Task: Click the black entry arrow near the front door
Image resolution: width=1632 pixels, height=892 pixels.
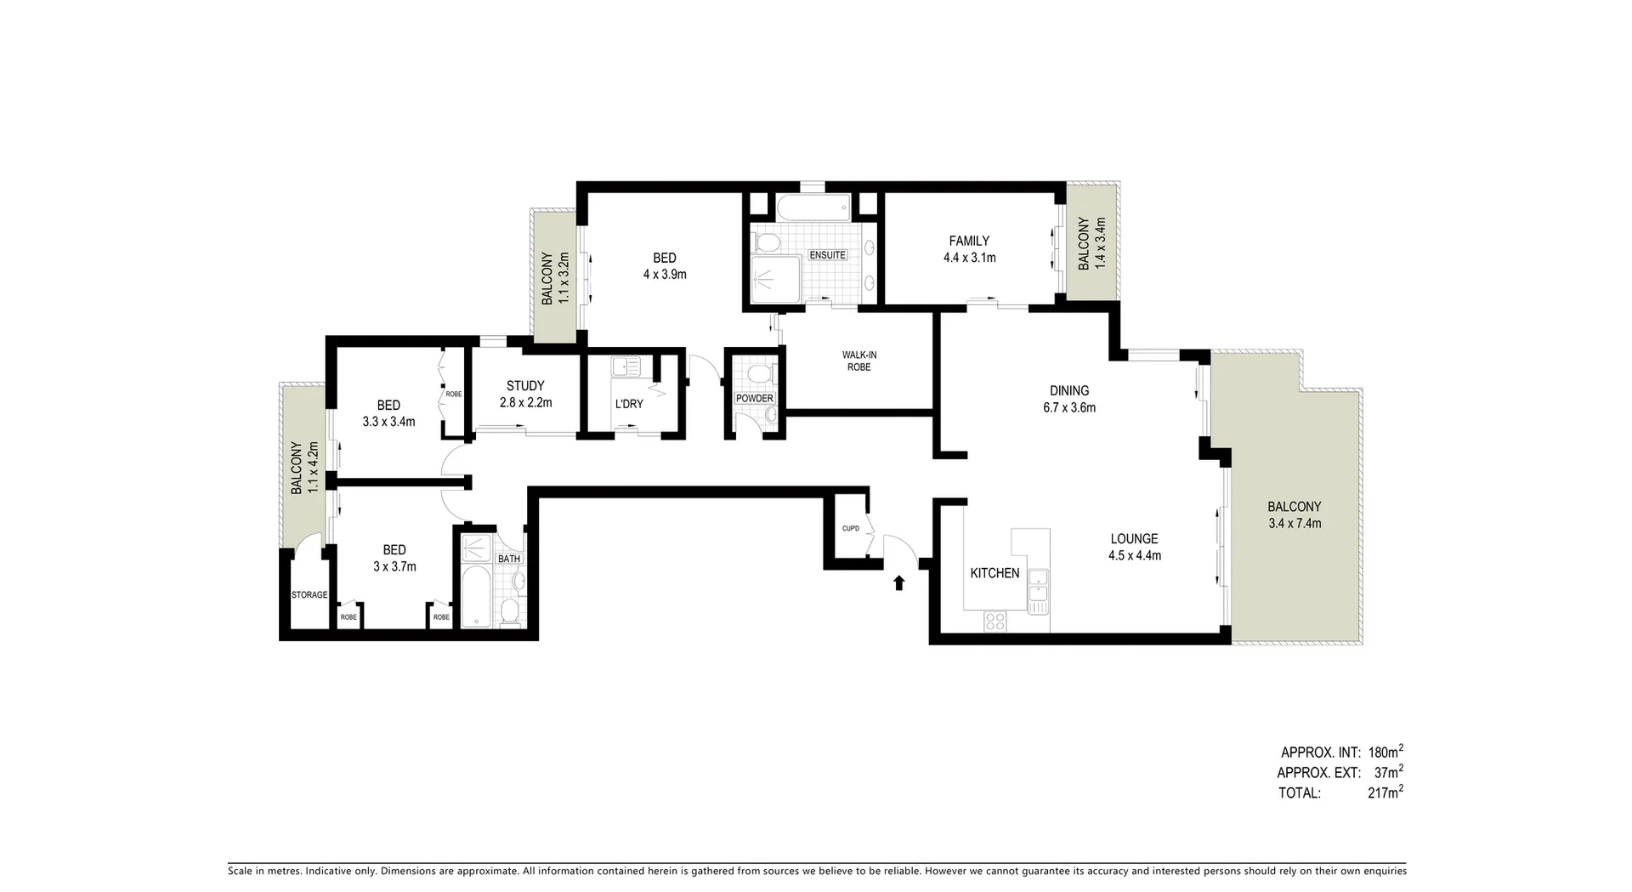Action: (898, 582)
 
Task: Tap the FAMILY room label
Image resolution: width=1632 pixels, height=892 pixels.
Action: (969, 241)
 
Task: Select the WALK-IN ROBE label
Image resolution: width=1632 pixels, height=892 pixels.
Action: (858, 361)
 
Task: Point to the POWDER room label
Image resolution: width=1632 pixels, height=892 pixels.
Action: (754, 398)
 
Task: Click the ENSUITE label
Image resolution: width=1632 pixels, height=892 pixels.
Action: (827, 255)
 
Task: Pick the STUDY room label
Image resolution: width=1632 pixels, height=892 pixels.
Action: (525, 386)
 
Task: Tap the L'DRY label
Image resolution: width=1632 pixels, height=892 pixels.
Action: (629, 404)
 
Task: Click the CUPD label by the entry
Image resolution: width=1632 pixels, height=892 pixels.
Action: (850, 528)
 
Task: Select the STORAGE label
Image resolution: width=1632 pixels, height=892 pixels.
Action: (309, 594)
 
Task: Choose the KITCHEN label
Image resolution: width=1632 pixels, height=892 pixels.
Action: (994, 573)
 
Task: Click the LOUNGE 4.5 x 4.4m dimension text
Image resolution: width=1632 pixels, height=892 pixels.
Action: (1134, 556)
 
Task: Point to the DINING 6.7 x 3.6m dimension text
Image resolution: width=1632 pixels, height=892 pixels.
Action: (1069, 407)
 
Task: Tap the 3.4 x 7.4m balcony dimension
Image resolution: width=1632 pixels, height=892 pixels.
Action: (1294, 524)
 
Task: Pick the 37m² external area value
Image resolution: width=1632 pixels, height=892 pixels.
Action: (1388, 772)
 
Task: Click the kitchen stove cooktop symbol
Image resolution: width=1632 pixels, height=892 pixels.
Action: (994, 622)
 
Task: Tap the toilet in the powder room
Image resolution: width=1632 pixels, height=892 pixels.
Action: (759, 373)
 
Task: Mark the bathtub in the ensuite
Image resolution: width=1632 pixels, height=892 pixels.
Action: (812, 207)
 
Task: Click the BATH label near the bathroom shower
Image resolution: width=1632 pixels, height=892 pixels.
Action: (509, 559)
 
